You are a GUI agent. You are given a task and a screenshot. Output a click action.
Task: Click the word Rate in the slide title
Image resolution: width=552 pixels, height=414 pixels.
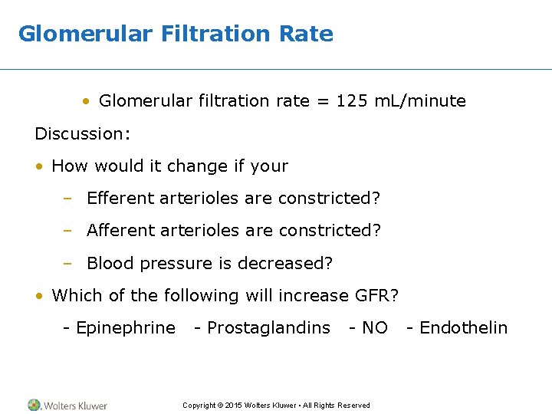coord(306,34)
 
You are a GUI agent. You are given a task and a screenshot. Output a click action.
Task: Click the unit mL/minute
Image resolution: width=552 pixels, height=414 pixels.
coord(420,101)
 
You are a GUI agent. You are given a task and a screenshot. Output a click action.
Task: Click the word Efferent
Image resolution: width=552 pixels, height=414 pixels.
coord(120,199)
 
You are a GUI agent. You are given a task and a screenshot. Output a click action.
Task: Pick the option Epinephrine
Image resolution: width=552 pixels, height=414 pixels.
coord(124,328)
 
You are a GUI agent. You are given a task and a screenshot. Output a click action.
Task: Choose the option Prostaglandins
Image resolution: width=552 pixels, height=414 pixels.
coord(268,328)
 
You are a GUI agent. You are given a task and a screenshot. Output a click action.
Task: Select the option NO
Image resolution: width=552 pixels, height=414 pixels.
coord(374,328)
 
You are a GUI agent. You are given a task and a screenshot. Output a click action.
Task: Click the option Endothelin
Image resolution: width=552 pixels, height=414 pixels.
coord(463,328)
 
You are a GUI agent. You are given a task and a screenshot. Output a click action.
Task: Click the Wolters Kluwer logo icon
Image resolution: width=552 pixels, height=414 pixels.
coord(34,405)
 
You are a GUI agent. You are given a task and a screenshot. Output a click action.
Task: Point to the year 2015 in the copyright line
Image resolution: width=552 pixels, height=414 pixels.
coord(234,406)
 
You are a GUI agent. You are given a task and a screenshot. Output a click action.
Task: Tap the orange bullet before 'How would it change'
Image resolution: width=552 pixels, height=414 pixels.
coord(39,166)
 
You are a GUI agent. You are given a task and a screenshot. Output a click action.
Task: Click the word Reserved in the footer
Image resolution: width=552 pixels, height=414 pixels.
coord(353,406)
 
